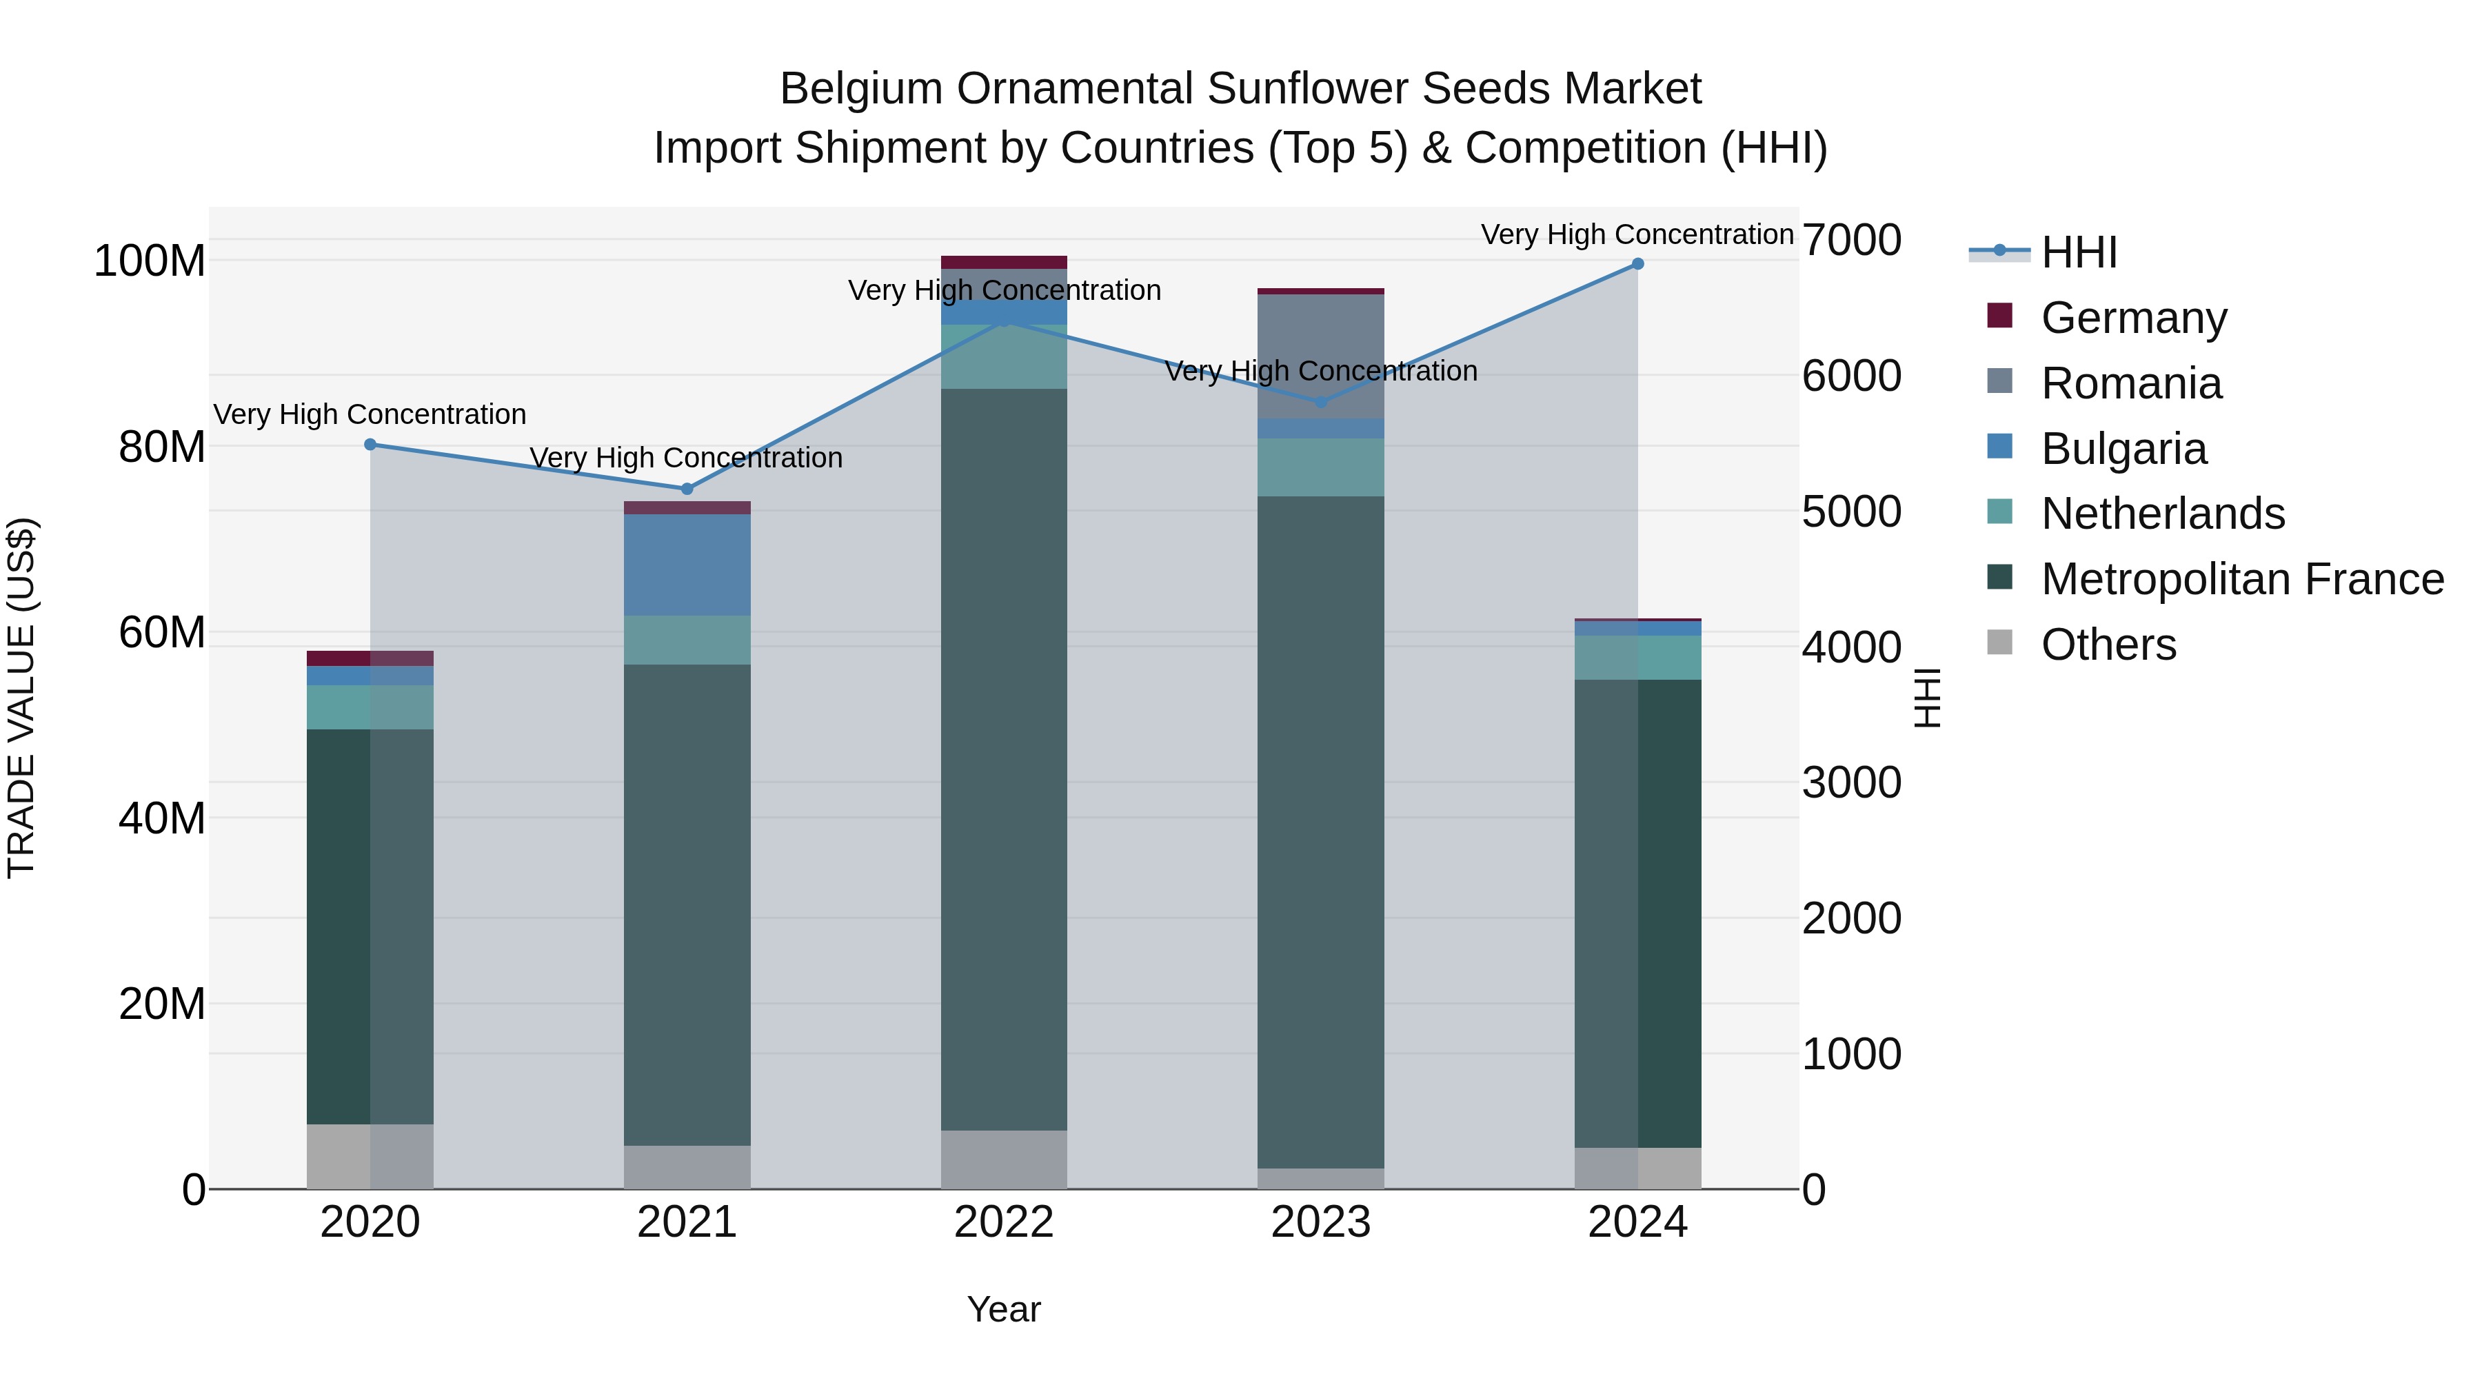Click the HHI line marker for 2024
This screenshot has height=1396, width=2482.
point(1637,264)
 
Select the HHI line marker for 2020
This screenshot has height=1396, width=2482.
point(370,444)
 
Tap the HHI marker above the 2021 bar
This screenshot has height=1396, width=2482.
point(687,489)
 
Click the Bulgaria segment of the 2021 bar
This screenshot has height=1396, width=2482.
point(687,565)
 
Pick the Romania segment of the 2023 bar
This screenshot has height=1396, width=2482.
point(1321,356)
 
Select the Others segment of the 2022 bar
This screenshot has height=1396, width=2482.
point(1004,1159)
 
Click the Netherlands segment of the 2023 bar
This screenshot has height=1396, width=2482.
point(1321,467)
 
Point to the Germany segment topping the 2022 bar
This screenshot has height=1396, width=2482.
point(1004,262)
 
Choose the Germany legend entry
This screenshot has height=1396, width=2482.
point(2133,318)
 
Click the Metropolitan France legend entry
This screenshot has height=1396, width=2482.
point(2241,579)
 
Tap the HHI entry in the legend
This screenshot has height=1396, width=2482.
point(2078,252)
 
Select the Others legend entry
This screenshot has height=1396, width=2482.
point(2108,645)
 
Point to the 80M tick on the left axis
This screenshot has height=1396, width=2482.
point(162,447)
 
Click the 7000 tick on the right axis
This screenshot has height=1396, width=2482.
point(1851,240)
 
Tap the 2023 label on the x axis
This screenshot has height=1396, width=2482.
point(1321,1222)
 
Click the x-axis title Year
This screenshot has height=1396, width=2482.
point(1004,1309)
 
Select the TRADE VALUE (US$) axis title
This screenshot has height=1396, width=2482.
point(21,698)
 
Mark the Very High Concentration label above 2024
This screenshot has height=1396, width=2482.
point(1637,234)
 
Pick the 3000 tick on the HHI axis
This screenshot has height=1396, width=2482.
point(1851,782)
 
